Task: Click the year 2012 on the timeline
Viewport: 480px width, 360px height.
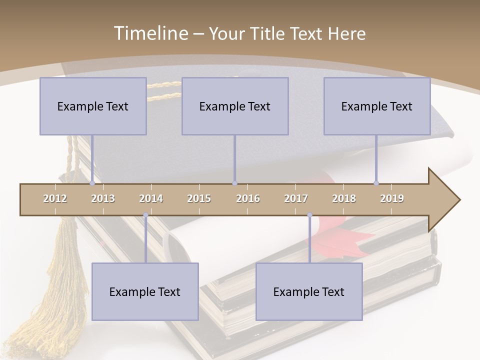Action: click(x=55, y=198)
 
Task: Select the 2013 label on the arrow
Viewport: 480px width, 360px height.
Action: click(x=103, y=198)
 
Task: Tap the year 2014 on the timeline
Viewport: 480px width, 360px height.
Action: click(x=151, y=198)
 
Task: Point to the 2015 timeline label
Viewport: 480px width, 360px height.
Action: click(x=199, y=198)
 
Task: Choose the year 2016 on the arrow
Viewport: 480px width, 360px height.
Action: click(x=248, y=198)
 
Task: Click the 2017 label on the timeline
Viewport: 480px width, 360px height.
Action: click(x=296, y=198)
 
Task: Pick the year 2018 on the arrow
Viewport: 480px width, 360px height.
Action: click(x=344, y=198)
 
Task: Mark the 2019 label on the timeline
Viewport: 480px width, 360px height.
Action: click(x=392, y=198)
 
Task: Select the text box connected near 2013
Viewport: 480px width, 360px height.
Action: click(x=93, y=106)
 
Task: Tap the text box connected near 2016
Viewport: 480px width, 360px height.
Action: click(x=235, y=106)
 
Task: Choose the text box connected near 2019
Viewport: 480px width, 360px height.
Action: click(x=377, y=106)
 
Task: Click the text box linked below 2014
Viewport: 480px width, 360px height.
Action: click(x=145, y=291)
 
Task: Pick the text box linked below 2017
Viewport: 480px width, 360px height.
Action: click(x=309, y=291)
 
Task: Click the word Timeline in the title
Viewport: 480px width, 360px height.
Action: click(x=150, y=33)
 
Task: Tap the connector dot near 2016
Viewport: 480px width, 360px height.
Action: click(x=235, y=183)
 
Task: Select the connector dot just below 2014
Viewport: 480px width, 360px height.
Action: click(x=145, y=215)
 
